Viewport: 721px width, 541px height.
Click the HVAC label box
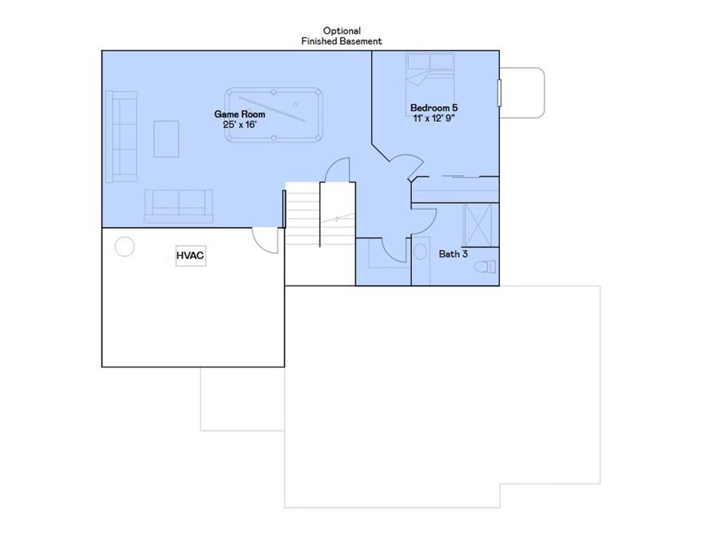click(190, 255)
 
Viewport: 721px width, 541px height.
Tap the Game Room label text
click(239, 114)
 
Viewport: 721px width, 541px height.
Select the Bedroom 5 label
click(434, 108)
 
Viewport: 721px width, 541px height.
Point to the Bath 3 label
click(453, 254)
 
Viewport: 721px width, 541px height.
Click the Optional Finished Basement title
click(341, 36)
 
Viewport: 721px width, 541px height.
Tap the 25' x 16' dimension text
click(239, 125)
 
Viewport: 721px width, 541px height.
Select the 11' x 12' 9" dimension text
click(434, 118)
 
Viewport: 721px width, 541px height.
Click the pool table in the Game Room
click(274, 115)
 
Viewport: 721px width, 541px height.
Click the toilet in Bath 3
click(486, 266)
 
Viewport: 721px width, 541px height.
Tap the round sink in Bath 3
click(420, 251)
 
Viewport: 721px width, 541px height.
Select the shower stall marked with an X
click(478, 225)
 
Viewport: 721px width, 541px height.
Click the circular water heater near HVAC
click(125, 247)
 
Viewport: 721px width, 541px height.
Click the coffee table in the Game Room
click(166, 139)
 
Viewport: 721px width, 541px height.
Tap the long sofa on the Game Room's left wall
click(121, 136)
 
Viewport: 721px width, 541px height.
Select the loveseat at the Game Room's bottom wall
click(178, 206)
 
